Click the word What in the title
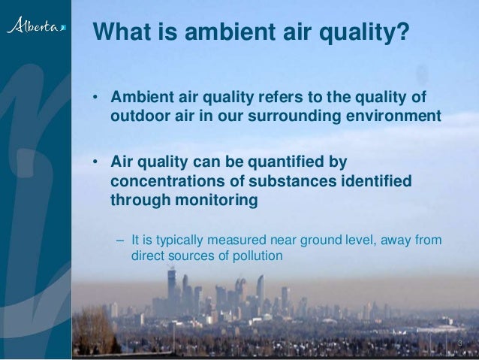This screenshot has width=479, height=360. pos(120,32)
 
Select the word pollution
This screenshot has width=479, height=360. pos(258,256)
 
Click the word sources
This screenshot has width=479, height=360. pos(191,256)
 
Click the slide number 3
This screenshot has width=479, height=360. pos(459,345)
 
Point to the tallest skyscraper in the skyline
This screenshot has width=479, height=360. pos(171,289)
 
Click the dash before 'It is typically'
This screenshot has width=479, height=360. pos(121,241)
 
